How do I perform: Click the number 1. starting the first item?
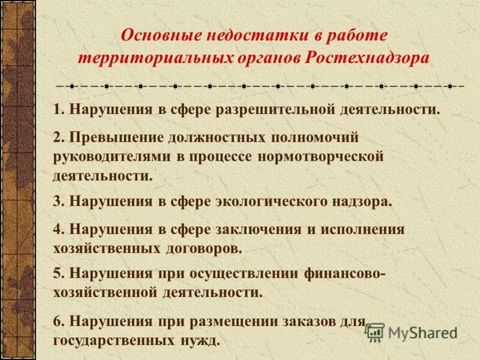(58, 110)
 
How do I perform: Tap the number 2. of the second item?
(58, 137)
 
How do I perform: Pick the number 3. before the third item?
(58, 202)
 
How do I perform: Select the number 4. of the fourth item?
(58, 229)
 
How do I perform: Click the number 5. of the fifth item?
(58, 272)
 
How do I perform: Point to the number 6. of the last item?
(58, 321)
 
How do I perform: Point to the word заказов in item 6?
(301, 321)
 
